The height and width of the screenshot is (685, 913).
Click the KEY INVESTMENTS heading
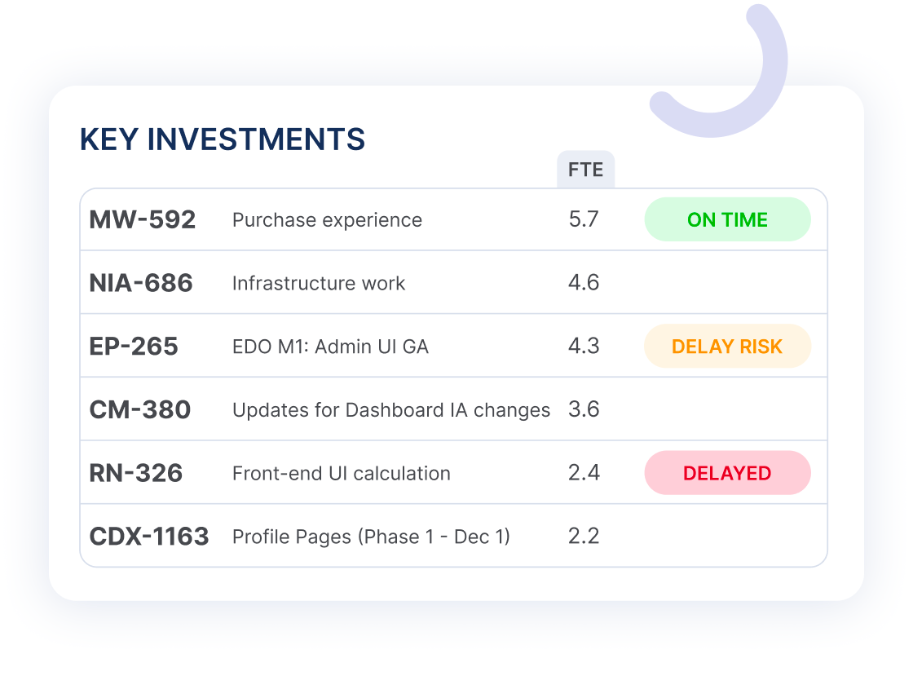click(x=223, y=139)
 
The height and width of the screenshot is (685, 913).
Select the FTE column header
click(x=586, y=170)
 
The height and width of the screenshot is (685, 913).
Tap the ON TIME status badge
click(x=727, y=219)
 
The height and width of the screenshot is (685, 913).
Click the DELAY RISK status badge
click(x=727, y=346)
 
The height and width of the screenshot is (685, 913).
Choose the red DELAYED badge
click(x=727, y=473)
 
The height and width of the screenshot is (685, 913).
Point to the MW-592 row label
click(x=143, y=219)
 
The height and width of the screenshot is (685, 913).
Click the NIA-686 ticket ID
click(x=141, y=283)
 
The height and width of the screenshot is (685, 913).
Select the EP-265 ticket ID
click(x=134, y=347)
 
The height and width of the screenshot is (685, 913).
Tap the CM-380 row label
click(x=139, y=409)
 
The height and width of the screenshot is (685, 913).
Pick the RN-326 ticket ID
click(x=135, y=473)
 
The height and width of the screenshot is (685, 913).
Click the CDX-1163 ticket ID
click(x=149, y=537)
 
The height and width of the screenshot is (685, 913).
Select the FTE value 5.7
click(x=584, y=219)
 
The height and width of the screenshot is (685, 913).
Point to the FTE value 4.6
click(x=584, y=282)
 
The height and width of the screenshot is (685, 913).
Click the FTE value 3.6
click(x=584, y=409)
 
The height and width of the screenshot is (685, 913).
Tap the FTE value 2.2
click(x=584, y=536)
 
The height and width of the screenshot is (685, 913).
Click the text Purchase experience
click(x=327, y=220)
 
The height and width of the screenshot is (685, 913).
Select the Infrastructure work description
click(x=319, y=283)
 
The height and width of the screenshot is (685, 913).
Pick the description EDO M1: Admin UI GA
click(x=330, y=347)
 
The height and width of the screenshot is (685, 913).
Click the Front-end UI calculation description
click(x=342, y=473)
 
